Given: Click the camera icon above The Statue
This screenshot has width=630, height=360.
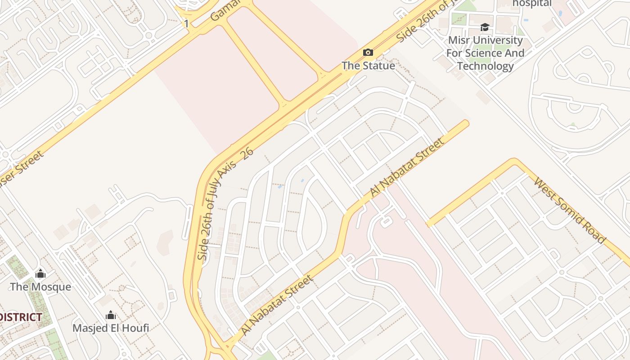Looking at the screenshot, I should click(368, 53).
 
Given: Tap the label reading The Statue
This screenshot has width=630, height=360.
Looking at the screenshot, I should click(368, 66).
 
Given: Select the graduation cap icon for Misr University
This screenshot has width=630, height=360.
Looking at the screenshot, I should click(485, 27).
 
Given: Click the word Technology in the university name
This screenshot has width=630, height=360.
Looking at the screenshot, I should click(485, 66).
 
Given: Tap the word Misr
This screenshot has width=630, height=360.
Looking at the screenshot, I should click(458, 40).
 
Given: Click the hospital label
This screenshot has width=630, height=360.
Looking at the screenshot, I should click(532, 3).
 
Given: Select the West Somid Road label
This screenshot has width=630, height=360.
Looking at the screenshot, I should click(569, 210).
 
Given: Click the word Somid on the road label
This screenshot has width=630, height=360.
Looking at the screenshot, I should click(569, 210).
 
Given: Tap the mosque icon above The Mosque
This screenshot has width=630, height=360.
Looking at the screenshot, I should click(40, 274).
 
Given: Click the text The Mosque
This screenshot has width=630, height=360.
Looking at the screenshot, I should click(40, 287).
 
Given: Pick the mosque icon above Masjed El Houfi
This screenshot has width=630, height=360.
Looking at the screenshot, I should click(111, 315).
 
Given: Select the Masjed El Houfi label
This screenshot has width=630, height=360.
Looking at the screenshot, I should click(111, 328).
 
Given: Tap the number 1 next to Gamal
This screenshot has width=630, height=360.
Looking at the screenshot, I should click(186, 23).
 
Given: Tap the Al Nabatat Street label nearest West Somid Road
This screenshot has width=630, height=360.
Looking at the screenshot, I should click(406, 167).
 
